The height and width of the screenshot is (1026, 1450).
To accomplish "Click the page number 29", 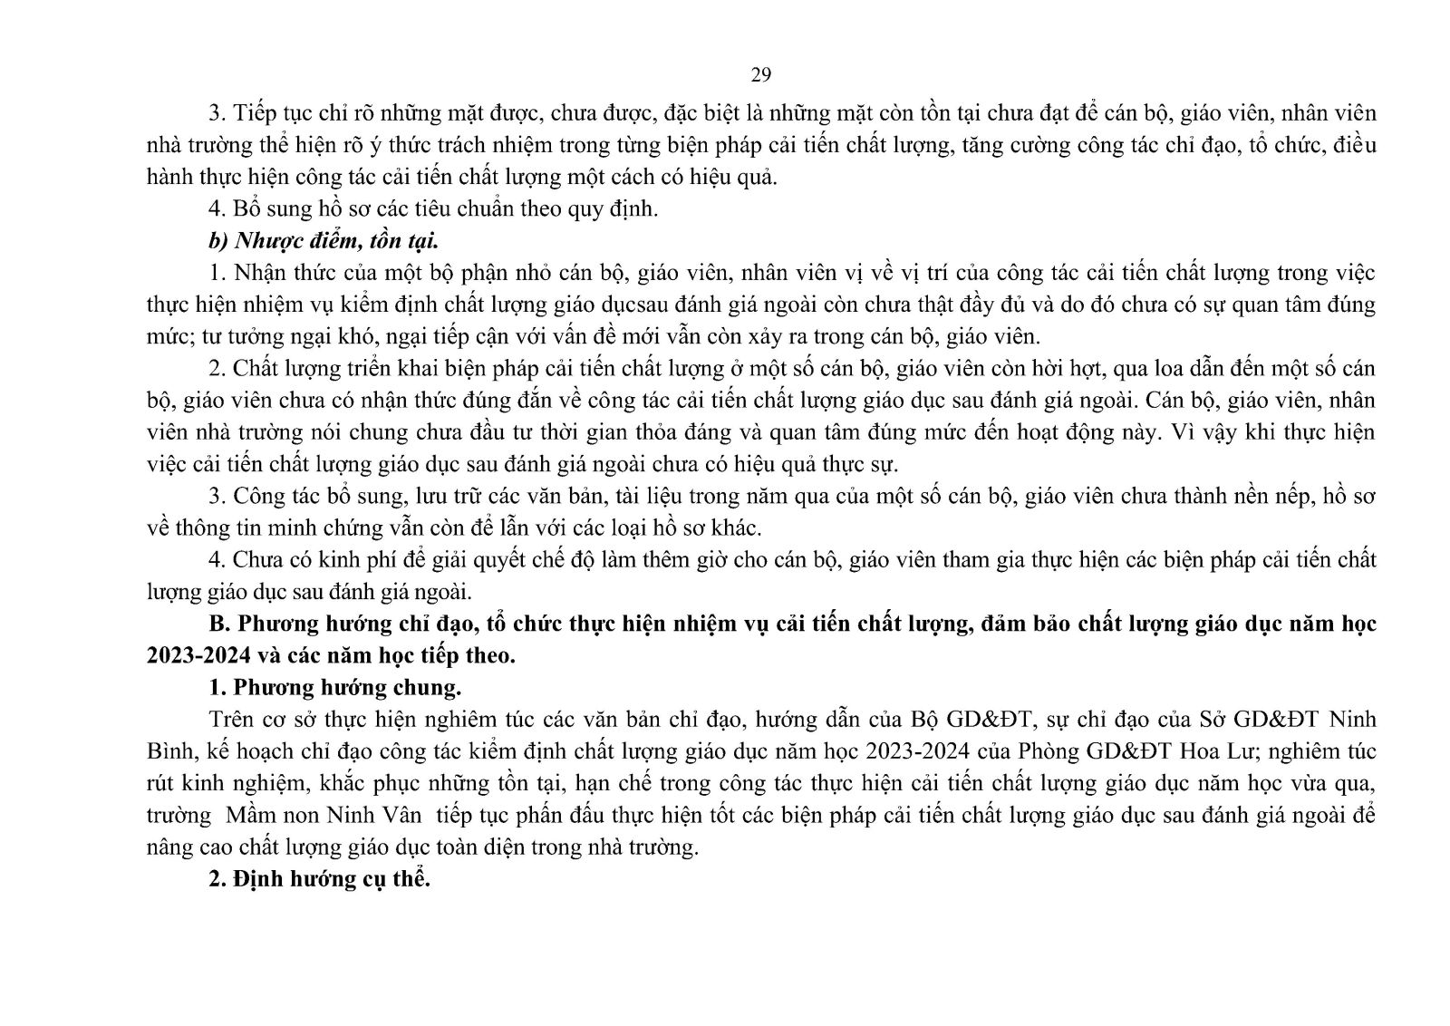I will click(x=760, y=74).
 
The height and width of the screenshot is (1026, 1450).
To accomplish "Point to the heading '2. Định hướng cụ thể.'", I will click(x=319, y=878).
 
